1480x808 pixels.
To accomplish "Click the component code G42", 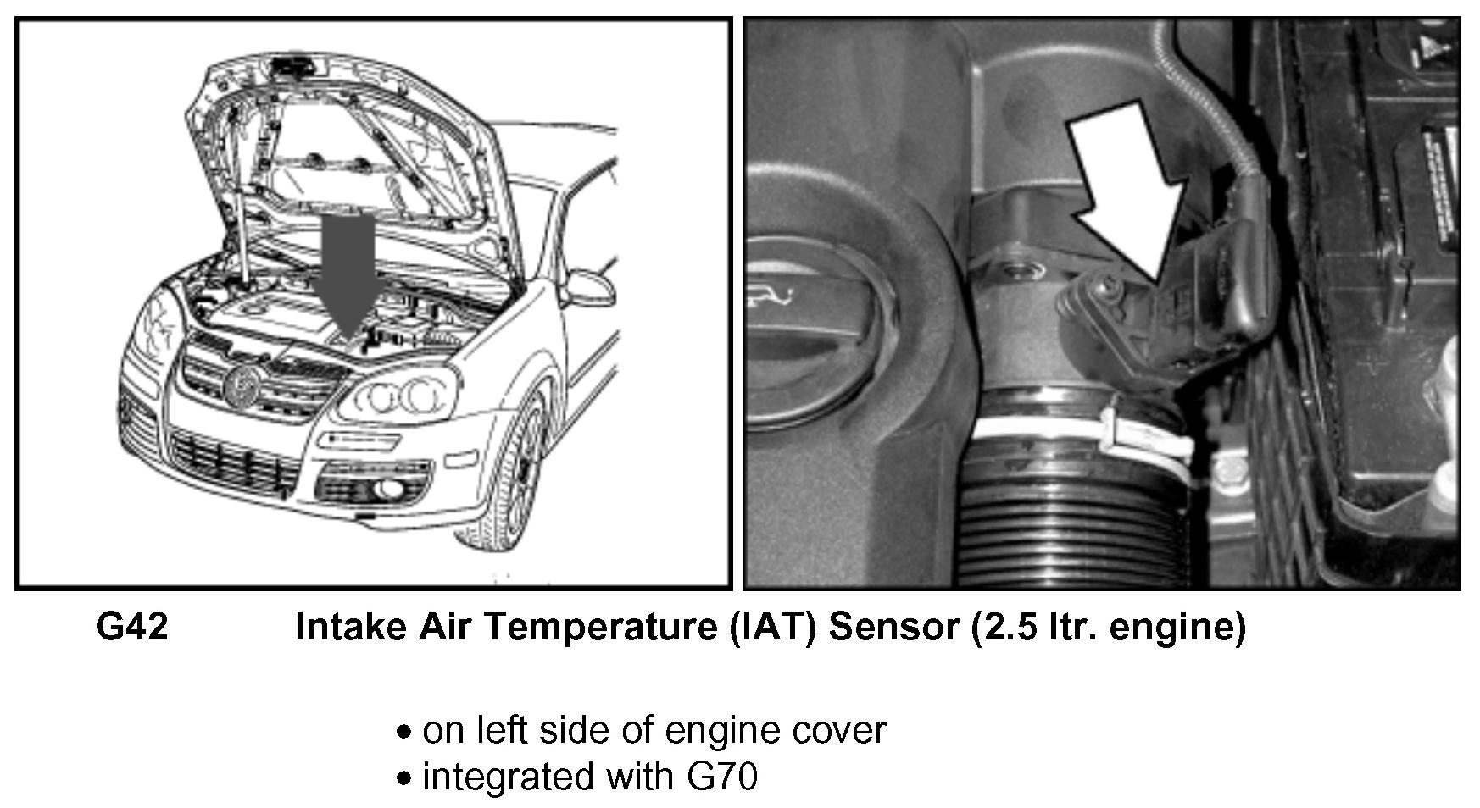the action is tap(132, 627).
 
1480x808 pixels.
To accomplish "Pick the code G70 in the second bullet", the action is tap(723, 776).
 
